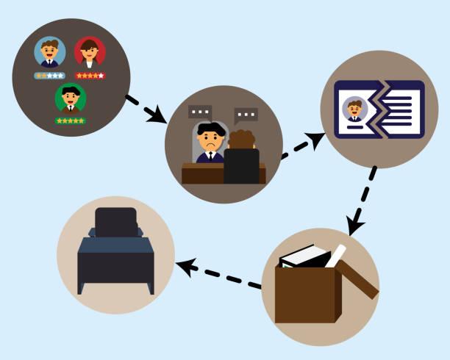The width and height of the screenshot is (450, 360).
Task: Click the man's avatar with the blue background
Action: [x=50, y=52]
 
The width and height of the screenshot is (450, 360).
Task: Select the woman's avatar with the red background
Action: [x=90, y=52]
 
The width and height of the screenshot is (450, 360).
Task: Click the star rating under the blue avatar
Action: [x=50, y=76]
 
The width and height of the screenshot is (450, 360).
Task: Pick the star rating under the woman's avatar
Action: [x=90, y=76]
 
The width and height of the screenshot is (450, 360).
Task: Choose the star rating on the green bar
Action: [x=70, y=120]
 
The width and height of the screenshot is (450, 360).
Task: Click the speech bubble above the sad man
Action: [x=199, y=112]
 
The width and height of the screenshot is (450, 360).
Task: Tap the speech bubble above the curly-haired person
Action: [x=246, y=115]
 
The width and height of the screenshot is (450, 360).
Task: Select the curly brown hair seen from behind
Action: [x=240, y=139]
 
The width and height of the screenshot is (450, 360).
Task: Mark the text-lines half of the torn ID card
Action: [x=401, y=109]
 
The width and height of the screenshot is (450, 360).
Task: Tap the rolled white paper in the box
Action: [x=335, y=256]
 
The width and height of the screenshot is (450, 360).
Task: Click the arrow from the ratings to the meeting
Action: [x=147, y=108]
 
